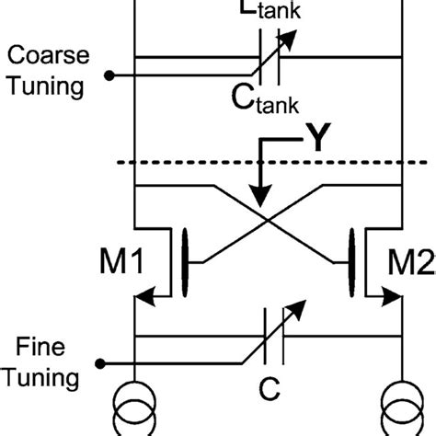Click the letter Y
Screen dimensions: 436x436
point(316,140)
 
